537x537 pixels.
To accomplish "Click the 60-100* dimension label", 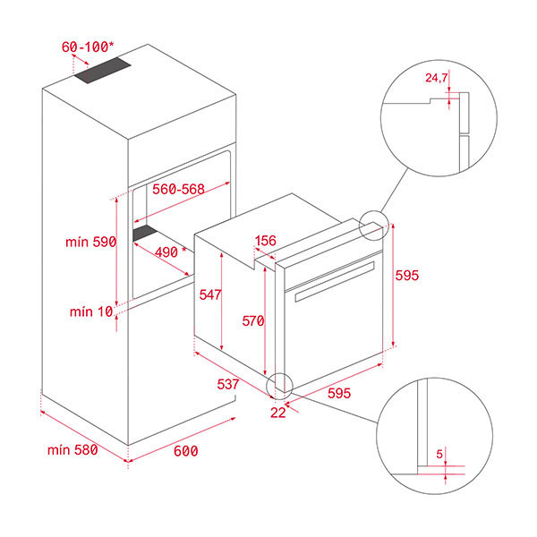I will point(89,45).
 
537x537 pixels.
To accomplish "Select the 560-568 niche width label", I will point(180,190).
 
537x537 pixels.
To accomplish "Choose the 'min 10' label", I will point(92,311).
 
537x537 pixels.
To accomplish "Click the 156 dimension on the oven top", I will point(266,241).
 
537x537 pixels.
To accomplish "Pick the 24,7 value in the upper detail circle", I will point(436,79).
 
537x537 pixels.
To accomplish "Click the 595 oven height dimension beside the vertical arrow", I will point(407,276).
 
